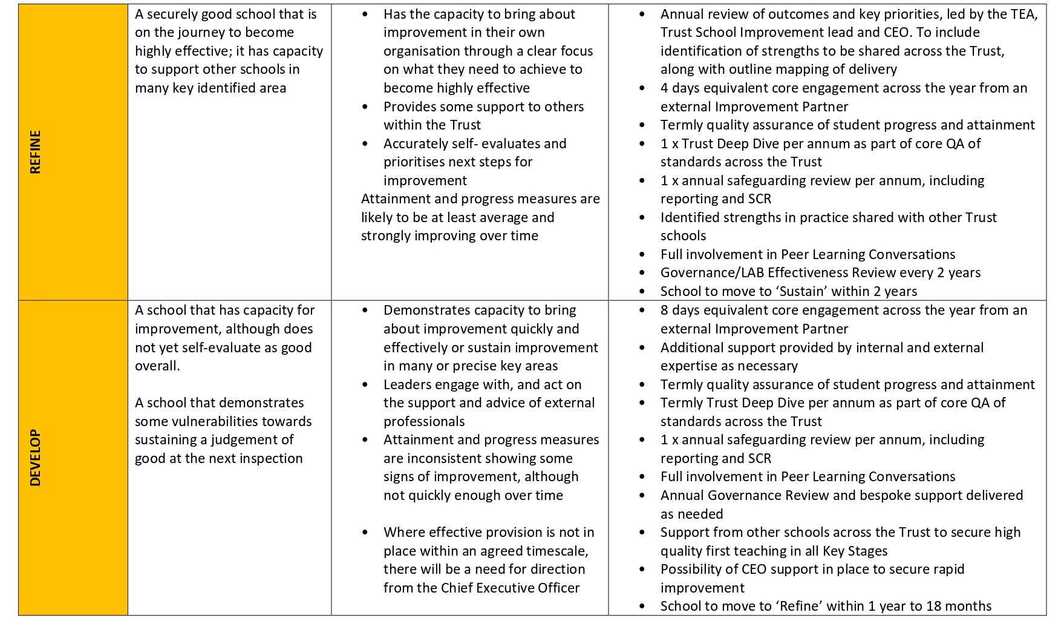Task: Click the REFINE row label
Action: (x=36, y=152)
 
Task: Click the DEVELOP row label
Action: (x=36, y=458)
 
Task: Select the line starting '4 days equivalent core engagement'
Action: (x=843, y=88)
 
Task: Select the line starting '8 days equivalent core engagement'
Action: (x=843, y=311)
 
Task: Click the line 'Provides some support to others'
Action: (x=483, y=107)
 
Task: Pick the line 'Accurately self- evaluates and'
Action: (x=474, y=143)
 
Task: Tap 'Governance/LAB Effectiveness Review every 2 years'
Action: (x=820, y=273)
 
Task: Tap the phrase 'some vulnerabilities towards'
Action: (x=223, y=421)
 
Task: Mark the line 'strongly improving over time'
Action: (x=449, y=235)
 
